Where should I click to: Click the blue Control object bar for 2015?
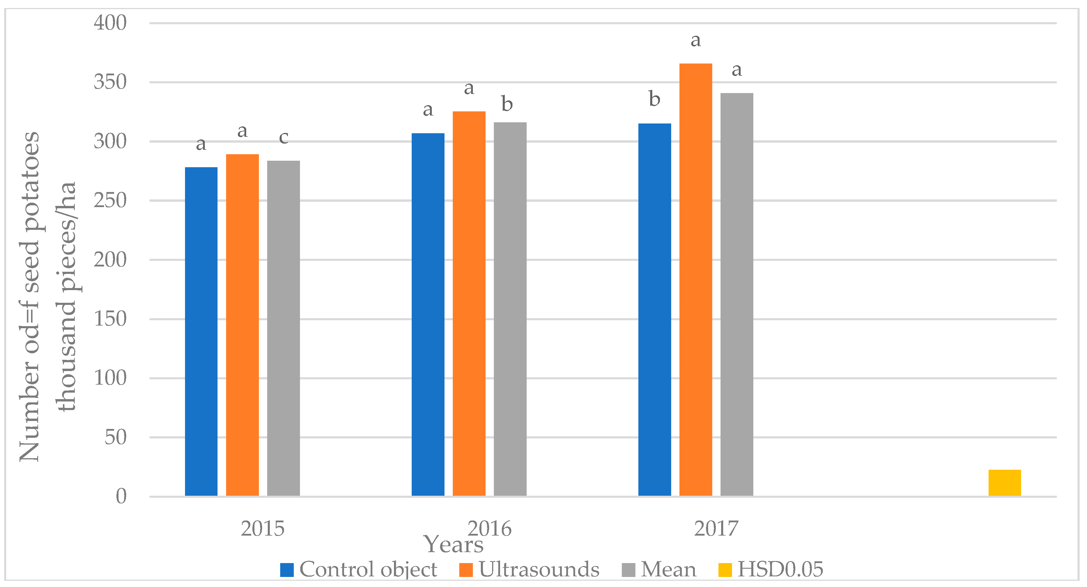pos(201,331)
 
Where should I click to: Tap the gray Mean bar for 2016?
pos(510,309)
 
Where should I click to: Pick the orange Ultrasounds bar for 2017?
pos(695,279)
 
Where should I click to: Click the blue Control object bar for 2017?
pos(655,310)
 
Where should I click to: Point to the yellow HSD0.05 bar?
pos(1004,482)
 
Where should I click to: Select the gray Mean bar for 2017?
pos(736,294)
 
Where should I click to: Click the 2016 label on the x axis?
pos(489,529)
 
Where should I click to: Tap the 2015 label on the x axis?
pos(262,529)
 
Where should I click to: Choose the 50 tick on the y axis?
pos(115,437)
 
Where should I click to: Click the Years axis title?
pos(454,544)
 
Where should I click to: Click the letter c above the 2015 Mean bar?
pos(283,137)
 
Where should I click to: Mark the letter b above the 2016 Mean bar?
pos(507,104)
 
